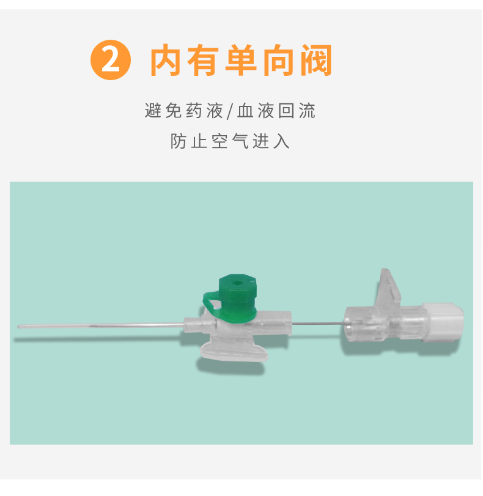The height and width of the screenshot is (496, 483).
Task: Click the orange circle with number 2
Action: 111,61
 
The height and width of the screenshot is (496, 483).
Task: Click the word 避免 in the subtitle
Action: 163,112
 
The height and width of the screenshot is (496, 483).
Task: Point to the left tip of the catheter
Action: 20,327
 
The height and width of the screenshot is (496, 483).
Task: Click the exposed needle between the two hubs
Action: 318,323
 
